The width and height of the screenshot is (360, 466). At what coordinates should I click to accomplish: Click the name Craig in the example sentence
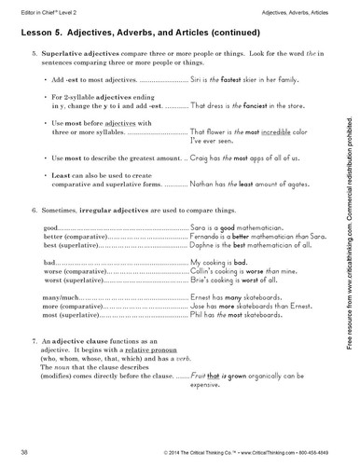click(199, 186)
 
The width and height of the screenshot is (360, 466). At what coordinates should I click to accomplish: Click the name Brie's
click(200, 317)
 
